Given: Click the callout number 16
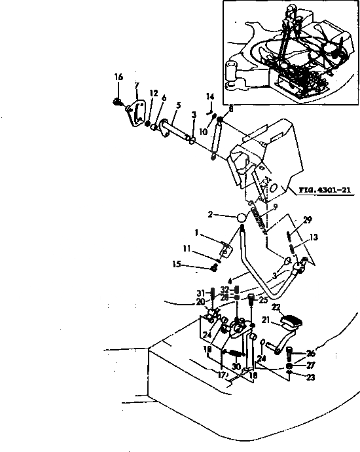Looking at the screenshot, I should coord(118,77).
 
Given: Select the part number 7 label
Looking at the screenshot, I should coord(136,86).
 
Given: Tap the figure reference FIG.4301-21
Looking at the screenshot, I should coord(325,191).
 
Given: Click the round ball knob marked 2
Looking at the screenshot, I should coord(242,217).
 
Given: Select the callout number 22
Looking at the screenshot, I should coord(276,308).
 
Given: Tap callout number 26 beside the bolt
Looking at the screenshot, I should coord(310,352).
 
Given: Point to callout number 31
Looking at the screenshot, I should coord(201,292).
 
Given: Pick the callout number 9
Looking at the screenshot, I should coord(275,206).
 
